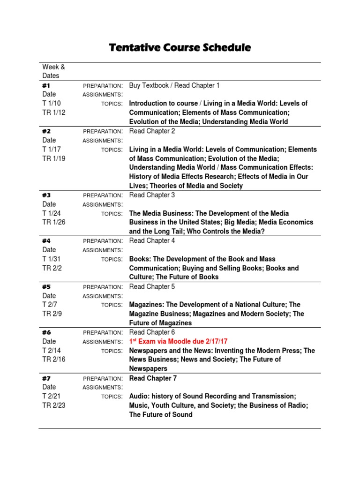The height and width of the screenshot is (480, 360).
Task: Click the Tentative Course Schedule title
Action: click(180, 48)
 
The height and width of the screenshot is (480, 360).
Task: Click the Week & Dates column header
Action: click(53, 71)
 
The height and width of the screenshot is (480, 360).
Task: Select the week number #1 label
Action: click(46, 85)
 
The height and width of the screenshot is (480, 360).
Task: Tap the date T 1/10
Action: click(52, 103)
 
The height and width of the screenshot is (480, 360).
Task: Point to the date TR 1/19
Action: click(54, 158)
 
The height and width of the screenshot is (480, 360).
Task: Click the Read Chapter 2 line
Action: click(152, 131)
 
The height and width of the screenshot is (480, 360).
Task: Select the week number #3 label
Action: click(46, 195)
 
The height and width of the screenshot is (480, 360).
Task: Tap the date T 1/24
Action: click(52, 213)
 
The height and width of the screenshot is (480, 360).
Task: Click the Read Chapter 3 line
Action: click(152, 195)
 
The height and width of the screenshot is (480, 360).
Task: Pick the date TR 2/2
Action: click(52, 268)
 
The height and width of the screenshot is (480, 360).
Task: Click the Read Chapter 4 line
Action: click(152, 241)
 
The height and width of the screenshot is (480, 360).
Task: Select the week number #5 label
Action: click(46, 287)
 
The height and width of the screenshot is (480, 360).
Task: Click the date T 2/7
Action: click(50, 305)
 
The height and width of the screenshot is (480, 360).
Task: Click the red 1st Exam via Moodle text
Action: click(178, 342)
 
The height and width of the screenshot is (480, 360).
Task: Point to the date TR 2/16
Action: click(54, 360)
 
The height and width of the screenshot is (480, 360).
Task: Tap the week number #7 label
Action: click(46, 378)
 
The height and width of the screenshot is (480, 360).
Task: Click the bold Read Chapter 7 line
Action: click(153, 378)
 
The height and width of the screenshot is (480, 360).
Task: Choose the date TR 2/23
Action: click(54, 405)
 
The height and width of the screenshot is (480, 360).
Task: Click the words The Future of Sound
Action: click(161, 414)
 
